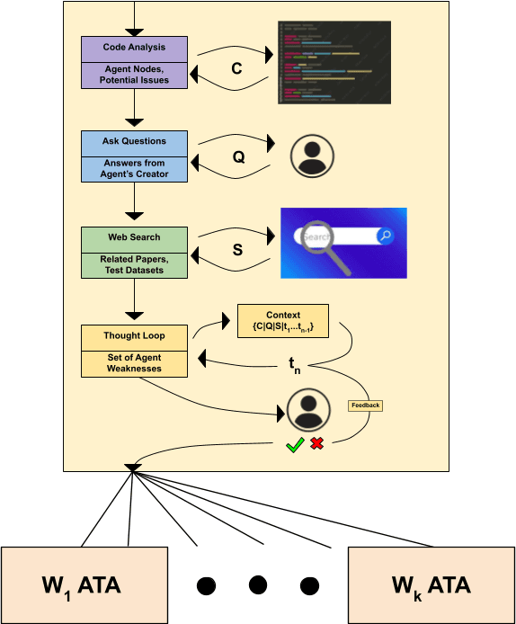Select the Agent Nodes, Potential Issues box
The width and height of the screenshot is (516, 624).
(x=134, y=75)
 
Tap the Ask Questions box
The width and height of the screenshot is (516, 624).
(x=134, y=143)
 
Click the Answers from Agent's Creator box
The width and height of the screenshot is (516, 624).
(x=134, y=168)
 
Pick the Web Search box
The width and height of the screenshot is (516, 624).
(x=134, y=238)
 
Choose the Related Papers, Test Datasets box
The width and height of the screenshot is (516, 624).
(x=134, y=264)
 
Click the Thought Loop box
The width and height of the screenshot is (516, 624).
(x=134, y=337)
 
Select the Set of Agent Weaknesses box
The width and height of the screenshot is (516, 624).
(x=134, y=362)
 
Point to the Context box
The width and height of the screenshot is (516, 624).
(x=283, y=321)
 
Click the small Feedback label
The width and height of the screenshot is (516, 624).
(x=365, y=406)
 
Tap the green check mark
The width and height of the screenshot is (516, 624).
(x=294, y=444)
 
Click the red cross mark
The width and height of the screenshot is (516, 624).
(x=316, y=443)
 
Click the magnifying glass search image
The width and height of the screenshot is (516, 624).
(x=343, y=243)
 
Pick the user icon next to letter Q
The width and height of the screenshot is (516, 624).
(x=311, y=156)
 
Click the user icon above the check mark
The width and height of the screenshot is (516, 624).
(x=307, y=411)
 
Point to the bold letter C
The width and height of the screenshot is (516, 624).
(x=237, y=68)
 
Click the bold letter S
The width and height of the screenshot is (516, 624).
(x=237, y=250)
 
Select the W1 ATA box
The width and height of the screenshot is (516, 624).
(x=85, y=585)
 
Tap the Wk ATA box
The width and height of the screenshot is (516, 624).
(x=431, y=585)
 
